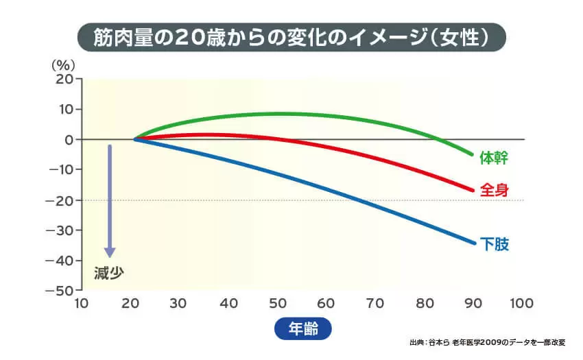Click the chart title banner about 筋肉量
click(x=291, y=36)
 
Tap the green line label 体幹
click(x=494, y=158)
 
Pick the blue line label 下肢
click(x=494, y=244)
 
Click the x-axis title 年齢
click(x=302, y=328)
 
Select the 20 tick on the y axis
click(x=64, y=79)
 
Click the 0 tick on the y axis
click(x=69, y=140)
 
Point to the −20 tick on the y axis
click(x=60, y=200)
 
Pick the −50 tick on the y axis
click(x=60, y=291)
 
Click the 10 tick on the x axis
click(x=82, y=303)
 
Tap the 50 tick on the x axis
click(x=277, y=303)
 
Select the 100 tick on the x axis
click(x=522, y=303)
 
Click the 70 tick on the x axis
click(x=375, y=303)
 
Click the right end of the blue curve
click(x=474, y=243)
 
